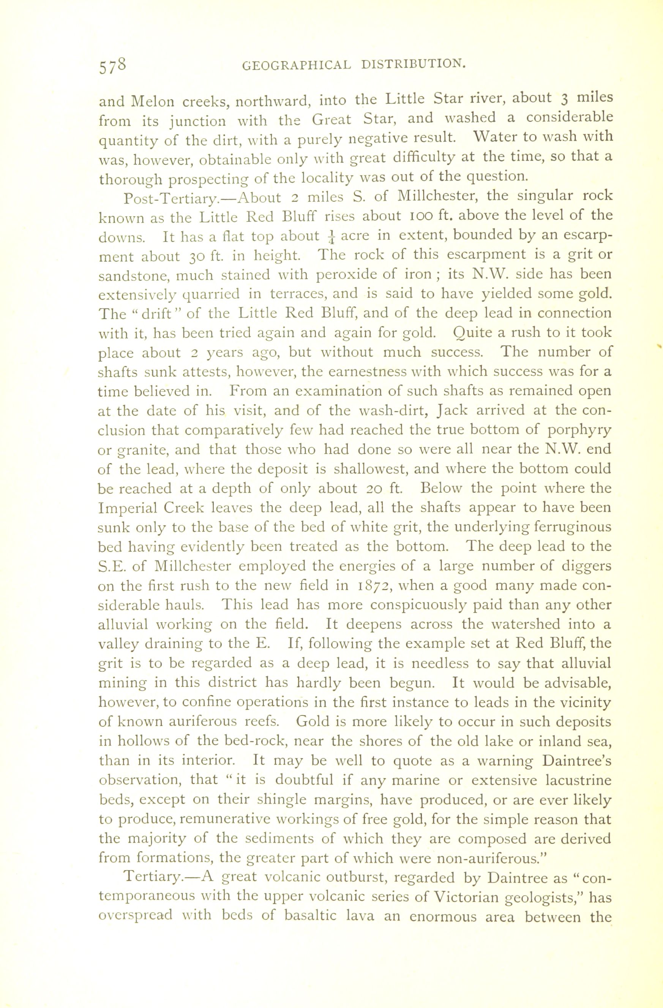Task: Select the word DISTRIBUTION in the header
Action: [x=414, y=63]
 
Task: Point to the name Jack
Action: [x=457, y=410]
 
